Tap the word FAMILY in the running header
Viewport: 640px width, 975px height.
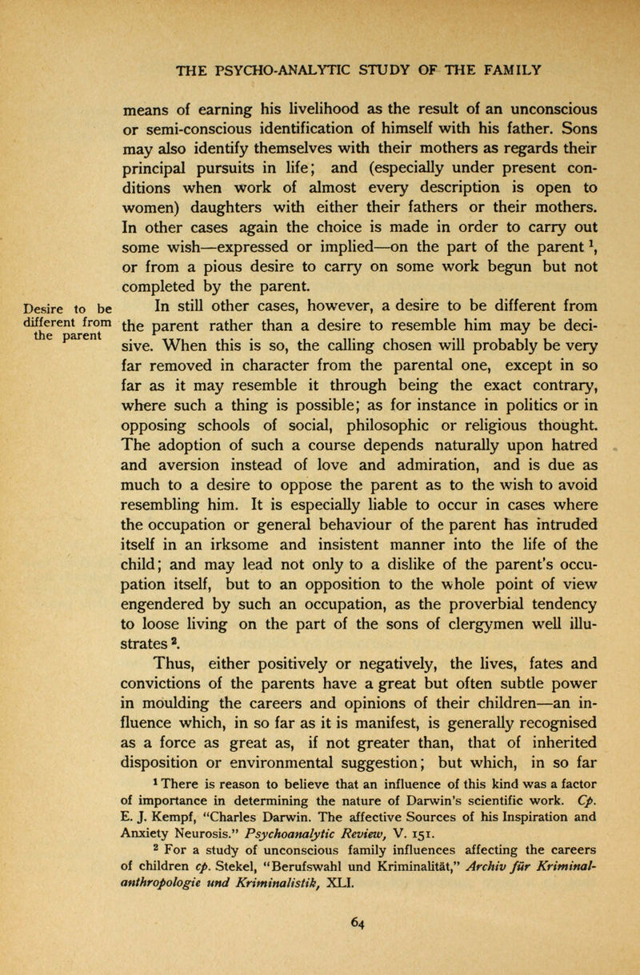click(x=505, y=65)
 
